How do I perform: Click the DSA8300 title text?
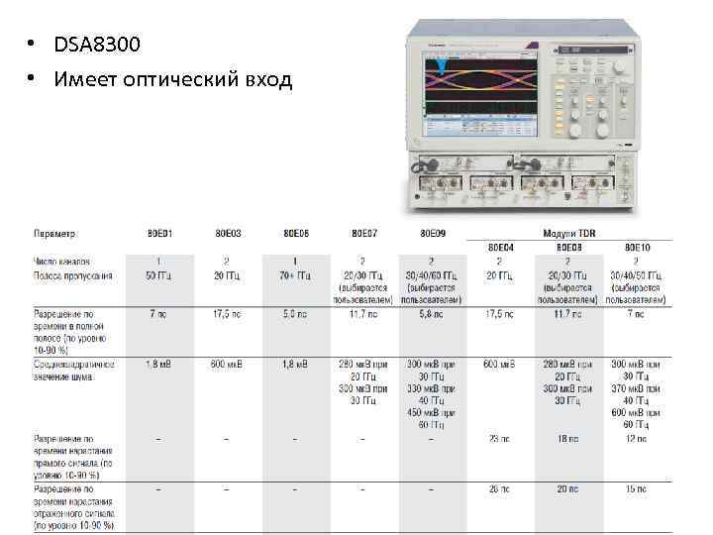[98, 45]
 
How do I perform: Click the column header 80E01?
[160, 234]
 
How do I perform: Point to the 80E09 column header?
[433, 234]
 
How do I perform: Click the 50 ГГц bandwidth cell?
[160, 275]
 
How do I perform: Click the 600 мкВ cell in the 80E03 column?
[227, 365]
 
